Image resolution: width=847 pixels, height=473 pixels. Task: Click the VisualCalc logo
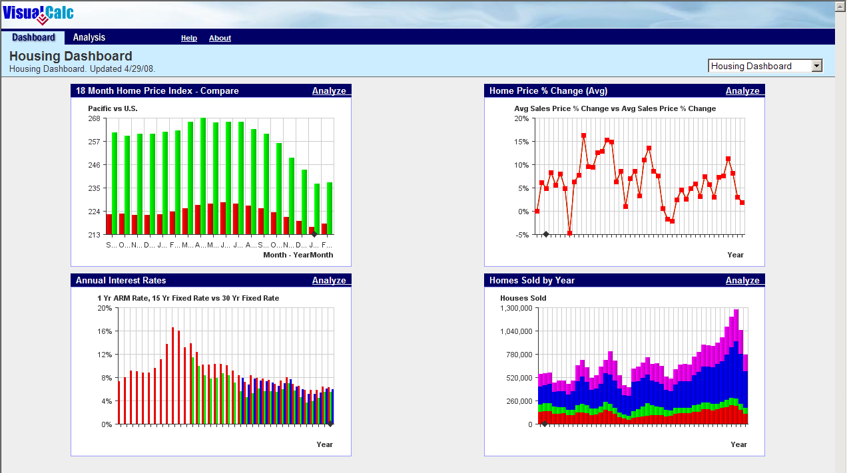[38, 14]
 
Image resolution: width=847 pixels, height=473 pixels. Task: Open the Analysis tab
[89, 38]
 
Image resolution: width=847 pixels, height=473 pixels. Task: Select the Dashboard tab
[33, 38]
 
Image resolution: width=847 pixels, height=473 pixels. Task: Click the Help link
[189, 39]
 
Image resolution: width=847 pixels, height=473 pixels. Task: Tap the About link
[220, 39]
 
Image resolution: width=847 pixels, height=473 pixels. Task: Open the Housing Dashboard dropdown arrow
[817, 66]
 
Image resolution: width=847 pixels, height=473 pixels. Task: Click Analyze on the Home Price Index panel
[329, 91]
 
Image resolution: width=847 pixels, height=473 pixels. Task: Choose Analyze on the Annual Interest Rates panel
[329, 281]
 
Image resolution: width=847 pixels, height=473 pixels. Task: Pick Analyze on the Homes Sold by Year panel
[742, 281]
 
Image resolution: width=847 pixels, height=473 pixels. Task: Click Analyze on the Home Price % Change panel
[742, 91]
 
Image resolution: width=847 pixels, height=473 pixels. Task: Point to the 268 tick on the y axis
[94, 118]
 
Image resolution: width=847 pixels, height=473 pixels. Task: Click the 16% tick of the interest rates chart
[105, 331]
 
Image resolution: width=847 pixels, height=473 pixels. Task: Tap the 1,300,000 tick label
[516, 308]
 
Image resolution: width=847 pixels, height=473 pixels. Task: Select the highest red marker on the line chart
[583, 136]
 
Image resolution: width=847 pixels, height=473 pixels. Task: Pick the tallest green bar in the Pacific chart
[203, 176]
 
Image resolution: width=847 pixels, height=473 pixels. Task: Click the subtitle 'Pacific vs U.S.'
[113, 108]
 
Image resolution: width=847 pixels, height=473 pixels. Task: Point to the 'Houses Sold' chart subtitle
[523, 298]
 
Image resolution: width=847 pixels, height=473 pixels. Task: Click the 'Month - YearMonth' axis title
[298, 255]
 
